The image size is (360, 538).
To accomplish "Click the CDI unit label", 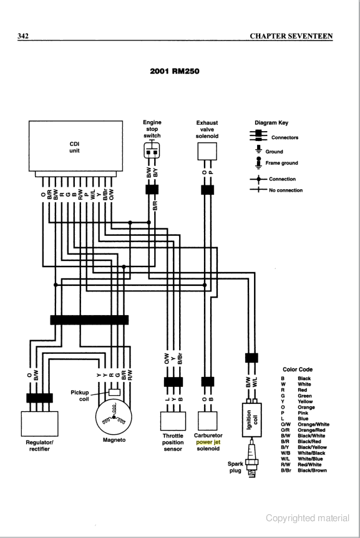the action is [x=74, y=147].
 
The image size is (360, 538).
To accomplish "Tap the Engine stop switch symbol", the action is [x=152, y=150].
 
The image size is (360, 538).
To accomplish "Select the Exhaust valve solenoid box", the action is [x=207, y=151].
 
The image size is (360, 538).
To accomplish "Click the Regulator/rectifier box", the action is [x=39, y=424].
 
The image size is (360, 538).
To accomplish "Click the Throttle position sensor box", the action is [x=173, y=421].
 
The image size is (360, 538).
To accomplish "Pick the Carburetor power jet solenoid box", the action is [x=208, y=420].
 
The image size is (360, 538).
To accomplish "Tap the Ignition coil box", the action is [x=251, y=419].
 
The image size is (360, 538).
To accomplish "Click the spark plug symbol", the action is [x=252, y=458].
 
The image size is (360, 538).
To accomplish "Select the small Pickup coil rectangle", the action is [x=114, y=392].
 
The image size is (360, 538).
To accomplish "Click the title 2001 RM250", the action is [x=175, y=71].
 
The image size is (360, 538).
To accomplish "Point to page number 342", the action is [x=23, y=36].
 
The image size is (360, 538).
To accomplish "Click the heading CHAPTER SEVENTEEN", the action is [x=291, y=36].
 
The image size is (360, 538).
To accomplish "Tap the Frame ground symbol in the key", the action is [x=258, y=162].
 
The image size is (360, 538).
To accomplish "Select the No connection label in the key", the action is [x=286, y=190].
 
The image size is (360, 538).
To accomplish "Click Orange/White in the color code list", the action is [x=313, y=424].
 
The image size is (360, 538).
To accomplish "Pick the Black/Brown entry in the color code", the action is [x=312, y=471].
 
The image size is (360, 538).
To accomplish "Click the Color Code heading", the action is [x=298, y=369].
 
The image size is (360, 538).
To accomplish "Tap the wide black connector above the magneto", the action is [x=89, y=320].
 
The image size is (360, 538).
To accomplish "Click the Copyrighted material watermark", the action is [x=308, y=518].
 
